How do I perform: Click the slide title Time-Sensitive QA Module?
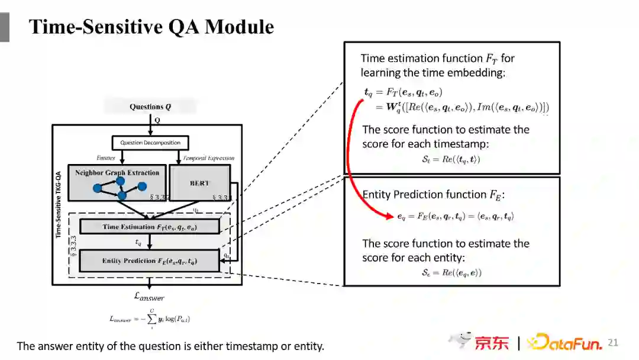coord(151,27)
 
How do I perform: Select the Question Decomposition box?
coord(150,143)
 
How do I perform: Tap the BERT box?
coord(199,183)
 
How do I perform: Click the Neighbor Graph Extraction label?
coord(117,173)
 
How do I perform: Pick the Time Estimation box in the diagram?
coord(149,227)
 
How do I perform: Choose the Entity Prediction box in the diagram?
coord(149,261)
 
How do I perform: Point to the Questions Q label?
coord(150,107)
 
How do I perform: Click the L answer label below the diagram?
coord(150,297)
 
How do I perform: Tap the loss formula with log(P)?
coord(150,319)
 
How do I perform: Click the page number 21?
coord(612,342)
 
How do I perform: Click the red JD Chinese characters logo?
coord(491,343)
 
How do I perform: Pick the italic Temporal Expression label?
coord(208,158)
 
